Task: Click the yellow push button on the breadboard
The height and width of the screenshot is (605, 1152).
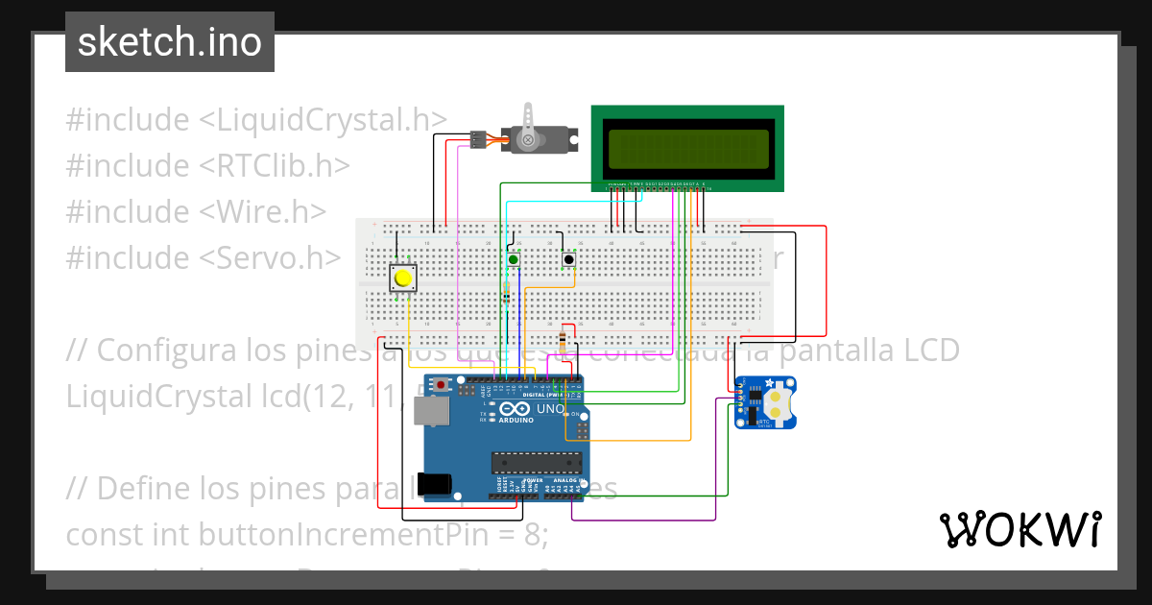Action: (404, 278)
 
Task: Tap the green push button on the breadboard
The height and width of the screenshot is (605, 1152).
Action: (514, 259)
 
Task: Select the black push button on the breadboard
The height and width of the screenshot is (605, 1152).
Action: (569, 259)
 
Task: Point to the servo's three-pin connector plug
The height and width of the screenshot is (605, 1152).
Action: (476, 140)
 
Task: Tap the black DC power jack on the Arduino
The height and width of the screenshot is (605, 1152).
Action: (438, 482)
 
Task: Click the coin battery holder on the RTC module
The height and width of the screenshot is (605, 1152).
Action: (779, 401)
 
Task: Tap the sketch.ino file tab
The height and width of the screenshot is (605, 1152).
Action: (170, 42)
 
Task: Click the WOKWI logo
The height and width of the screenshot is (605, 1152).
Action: (1020, 529)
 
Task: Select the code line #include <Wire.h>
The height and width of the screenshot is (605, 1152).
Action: (197, 211)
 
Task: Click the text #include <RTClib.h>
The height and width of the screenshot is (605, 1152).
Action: (207, 165)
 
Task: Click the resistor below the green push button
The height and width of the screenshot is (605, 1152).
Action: (507, 292)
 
